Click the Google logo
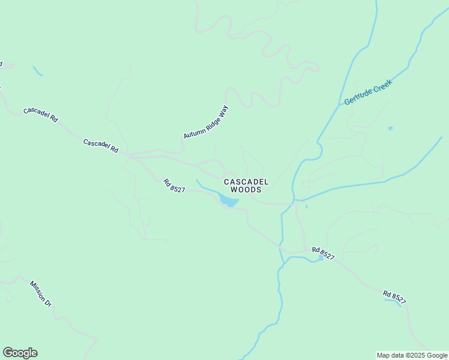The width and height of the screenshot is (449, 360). tap(20, 353)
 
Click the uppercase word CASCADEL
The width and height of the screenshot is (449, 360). tap(246, 181)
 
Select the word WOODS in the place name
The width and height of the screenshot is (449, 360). tap(246, 190)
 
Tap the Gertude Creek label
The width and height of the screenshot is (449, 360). tap(368, 92)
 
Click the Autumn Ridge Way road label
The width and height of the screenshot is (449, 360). tap(206, 122)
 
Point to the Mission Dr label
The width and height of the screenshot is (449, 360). tap(41, 293)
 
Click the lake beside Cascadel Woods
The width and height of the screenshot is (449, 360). tap(228, 200)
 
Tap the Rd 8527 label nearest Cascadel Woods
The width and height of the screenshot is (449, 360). tap(175, 185)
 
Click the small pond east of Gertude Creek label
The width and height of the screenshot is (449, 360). tap(390, 128)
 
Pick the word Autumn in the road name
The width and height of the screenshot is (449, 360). tap(191, 133)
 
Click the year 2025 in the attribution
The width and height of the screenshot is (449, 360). tap(414, 355)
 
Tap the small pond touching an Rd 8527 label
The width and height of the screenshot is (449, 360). tap(321, 257)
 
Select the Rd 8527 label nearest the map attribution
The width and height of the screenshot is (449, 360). tap(394, 296)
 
